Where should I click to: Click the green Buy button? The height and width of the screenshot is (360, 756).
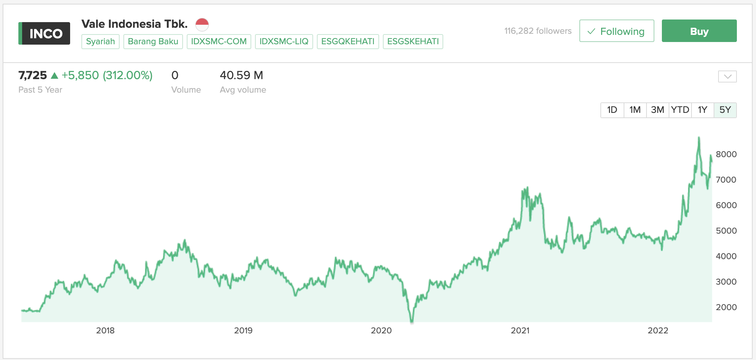699,31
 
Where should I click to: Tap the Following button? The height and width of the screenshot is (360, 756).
616,31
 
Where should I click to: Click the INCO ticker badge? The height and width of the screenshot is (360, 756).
44,34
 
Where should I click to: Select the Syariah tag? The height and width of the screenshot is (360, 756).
100,41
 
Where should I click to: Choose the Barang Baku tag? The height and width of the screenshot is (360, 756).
153,41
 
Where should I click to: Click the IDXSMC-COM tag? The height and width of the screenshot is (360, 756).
219,41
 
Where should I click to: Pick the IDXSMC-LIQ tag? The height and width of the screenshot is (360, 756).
284,41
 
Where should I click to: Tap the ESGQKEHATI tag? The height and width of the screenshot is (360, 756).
348,41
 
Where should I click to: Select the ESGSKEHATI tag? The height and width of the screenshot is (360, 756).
413,41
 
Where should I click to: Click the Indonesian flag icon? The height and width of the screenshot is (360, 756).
202,25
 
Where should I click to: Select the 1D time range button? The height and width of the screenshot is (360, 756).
612,110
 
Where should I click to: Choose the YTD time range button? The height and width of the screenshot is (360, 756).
680,110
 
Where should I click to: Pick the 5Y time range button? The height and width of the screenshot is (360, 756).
725,110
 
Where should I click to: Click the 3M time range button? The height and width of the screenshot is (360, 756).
657,110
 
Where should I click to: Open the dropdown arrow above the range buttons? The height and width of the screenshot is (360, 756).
727,76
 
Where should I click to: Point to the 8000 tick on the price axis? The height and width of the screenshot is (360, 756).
726,154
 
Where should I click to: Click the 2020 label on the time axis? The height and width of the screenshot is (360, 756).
381,330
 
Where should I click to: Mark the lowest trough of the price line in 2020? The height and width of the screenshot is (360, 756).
412,321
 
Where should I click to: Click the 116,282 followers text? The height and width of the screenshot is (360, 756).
538,31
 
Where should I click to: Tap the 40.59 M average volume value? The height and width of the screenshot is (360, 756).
241,75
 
